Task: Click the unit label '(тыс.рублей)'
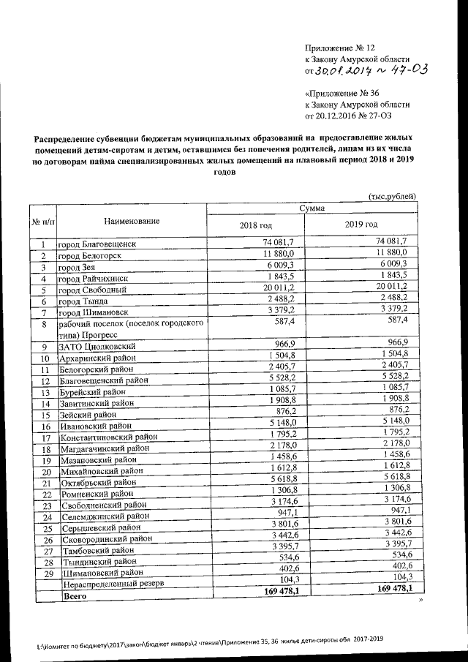coord(393,196)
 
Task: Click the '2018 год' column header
coord(255,224)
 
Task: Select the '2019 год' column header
coord(361,224)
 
